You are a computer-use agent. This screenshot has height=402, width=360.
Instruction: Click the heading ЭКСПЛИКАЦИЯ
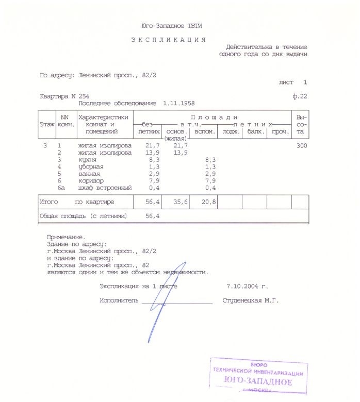pos(168,40)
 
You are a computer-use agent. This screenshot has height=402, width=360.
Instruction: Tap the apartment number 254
pos(84,96)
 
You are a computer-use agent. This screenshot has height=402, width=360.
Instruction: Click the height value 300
pos(301,146)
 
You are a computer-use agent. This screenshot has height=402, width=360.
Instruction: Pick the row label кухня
pos(89,160)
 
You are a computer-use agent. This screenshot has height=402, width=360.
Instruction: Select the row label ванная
pos(89,174)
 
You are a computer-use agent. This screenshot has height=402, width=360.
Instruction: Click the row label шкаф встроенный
pos(105,188)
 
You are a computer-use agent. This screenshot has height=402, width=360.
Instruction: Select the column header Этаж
pos(47,125)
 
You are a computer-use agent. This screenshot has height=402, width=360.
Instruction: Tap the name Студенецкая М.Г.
pos(250,300)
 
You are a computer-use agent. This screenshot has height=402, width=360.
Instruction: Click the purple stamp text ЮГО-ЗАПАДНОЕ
pos(258,382)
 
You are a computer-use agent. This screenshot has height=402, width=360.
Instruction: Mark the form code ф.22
pos(300,96)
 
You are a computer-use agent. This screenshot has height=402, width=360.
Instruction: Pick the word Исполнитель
pos(119,300)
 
